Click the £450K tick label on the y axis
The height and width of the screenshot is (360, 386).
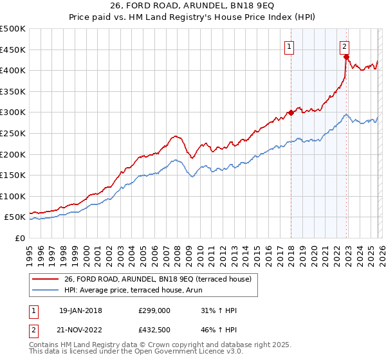click(13, 50)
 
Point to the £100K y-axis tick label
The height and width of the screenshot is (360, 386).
click(13, 196)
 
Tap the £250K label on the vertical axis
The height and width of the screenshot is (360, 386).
click(13, 133)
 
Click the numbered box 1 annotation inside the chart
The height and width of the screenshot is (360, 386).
click(289, 46)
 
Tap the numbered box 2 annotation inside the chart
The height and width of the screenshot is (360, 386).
click(345, 46)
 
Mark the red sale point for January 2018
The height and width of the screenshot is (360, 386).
click(291, 113)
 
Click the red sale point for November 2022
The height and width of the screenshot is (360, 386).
click(346, 57)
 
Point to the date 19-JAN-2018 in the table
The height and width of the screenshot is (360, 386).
click(80, 310)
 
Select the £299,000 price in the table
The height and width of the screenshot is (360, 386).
click(154, 310)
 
